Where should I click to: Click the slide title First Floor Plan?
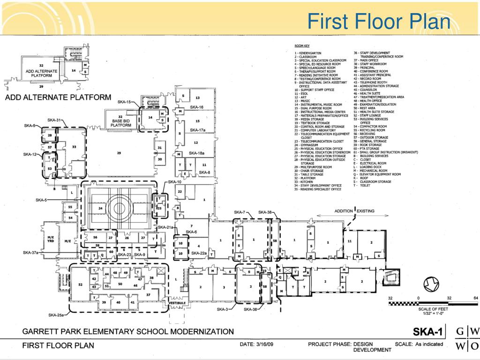[379, 22]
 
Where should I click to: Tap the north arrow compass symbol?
[431, 284]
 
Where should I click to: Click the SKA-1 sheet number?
[427, 332]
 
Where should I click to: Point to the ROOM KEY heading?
[302, 45]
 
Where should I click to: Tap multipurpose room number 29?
[119, 153]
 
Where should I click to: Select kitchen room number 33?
[74, 147]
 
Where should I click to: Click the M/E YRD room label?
[51, 239]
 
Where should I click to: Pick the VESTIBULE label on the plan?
[177, 303]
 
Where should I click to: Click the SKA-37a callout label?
[31, 253]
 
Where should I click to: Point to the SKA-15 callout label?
[124, 102]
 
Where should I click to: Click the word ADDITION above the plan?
[344, 211]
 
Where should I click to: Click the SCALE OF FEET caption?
[433, 309]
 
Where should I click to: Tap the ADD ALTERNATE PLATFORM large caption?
[58, 98]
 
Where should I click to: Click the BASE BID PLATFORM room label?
[120, 121]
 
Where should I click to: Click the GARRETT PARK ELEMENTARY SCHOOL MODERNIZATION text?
[128, 331]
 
